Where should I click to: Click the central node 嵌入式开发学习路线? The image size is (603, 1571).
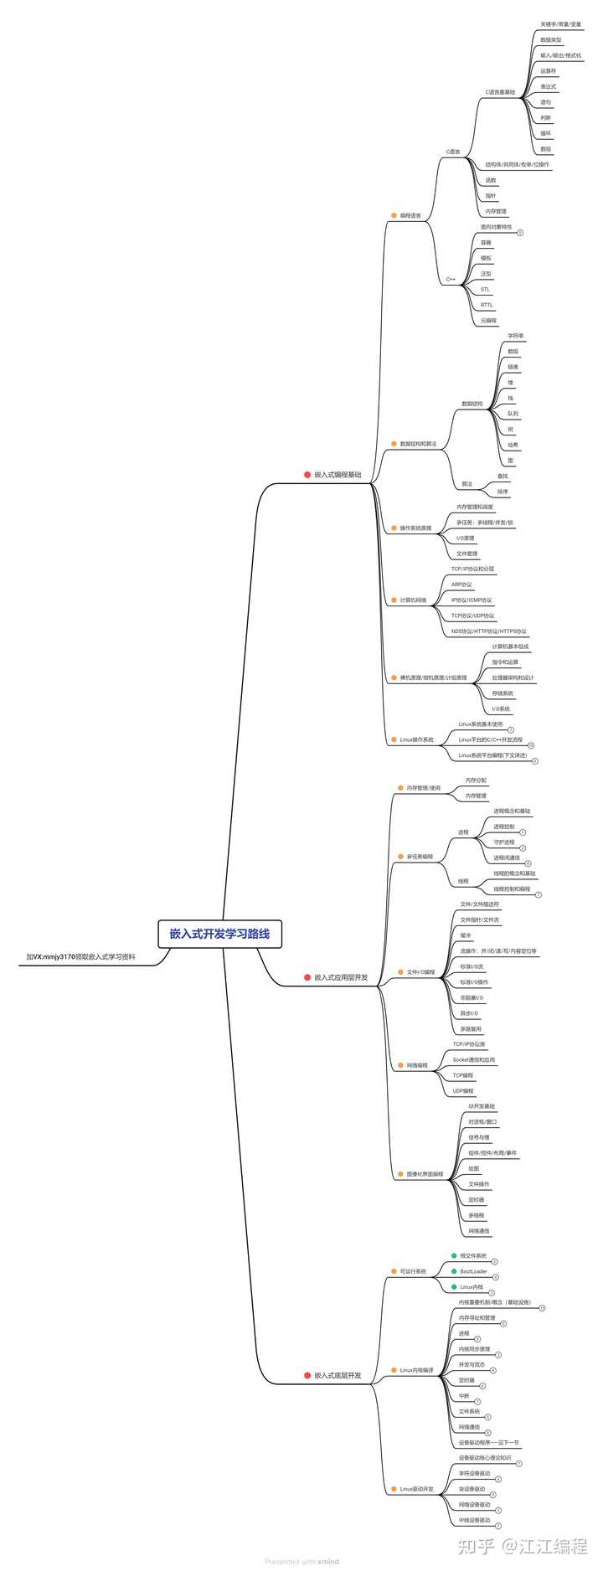pyautogui.click(x=219, y=933)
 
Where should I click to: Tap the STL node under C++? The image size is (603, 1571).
pyautogui.click(x=485, y=289)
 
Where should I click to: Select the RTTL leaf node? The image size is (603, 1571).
pyautogui.click(x=487, y=305)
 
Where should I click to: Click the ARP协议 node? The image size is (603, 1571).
pyautogui.click(x=461, y=585)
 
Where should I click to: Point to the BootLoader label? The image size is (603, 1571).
pyautogui.click(x=473, y=1271)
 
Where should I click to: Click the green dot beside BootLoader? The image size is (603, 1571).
pyautogui.click(x=454, y=1271)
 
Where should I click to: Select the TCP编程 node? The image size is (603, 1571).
pyautogui.click(x=462, y=1075)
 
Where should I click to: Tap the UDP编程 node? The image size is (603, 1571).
pyautogui.click(x=463, y=1091)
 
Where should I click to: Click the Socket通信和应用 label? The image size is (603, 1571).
pyautogui.click(x=473, y=1059)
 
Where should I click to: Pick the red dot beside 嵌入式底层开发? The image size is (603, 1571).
pyautogui.click(x=307, y=1375)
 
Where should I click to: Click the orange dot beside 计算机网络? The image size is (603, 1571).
pyautogui.click(x=393, y=600)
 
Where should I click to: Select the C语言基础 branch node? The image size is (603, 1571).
pyautogui.click(x=500, y=92)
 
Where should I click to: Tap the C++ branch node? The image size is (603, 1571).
pyautogui.click(x=451, y=279)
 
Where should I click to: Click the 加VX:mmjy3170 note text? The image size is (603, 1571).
pyautogui.click(x=80, y=956)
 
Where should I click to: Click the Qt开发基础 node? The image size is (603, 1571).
pyautogui.click(x=482, y=1106)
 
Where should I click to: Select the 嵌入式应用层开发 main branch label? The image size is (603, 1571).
pyautogui.click(x=341, y=977)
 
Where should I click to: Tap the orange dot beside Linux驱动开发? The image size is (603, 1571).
pyautogui.click(x=393, y=1489)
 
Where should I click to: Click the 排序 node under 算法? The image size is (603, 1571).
pyautogui.click(x=502, y=492)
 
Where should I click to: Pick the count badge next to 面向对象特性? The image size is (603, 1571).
pyautogui.click(x=520, y=232)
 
